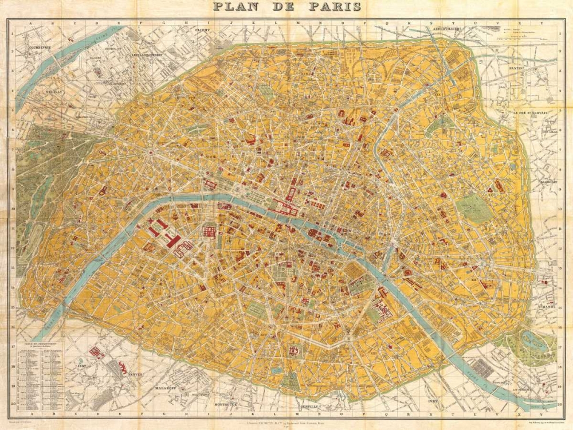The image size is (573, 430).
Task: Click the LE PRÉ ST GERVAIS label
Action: [x=534, y=113]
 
